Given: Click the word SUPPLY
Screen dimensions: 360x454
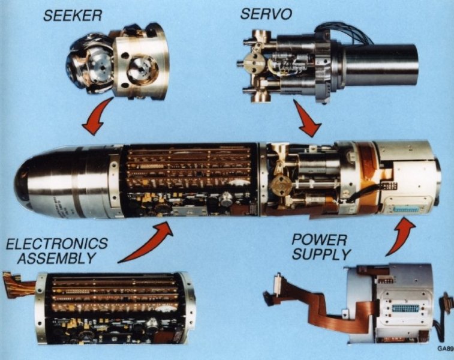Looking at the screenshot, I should (x=319, y=255).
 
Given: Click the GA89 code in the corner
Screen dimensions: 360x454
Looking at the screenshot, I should (x=445, y=348).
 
